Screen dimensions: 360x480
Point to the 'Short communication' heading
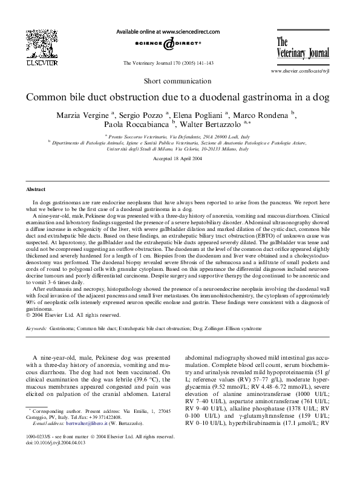tap(180, 80)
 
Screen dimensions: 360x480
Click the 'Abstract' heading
tap(38, 189)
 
